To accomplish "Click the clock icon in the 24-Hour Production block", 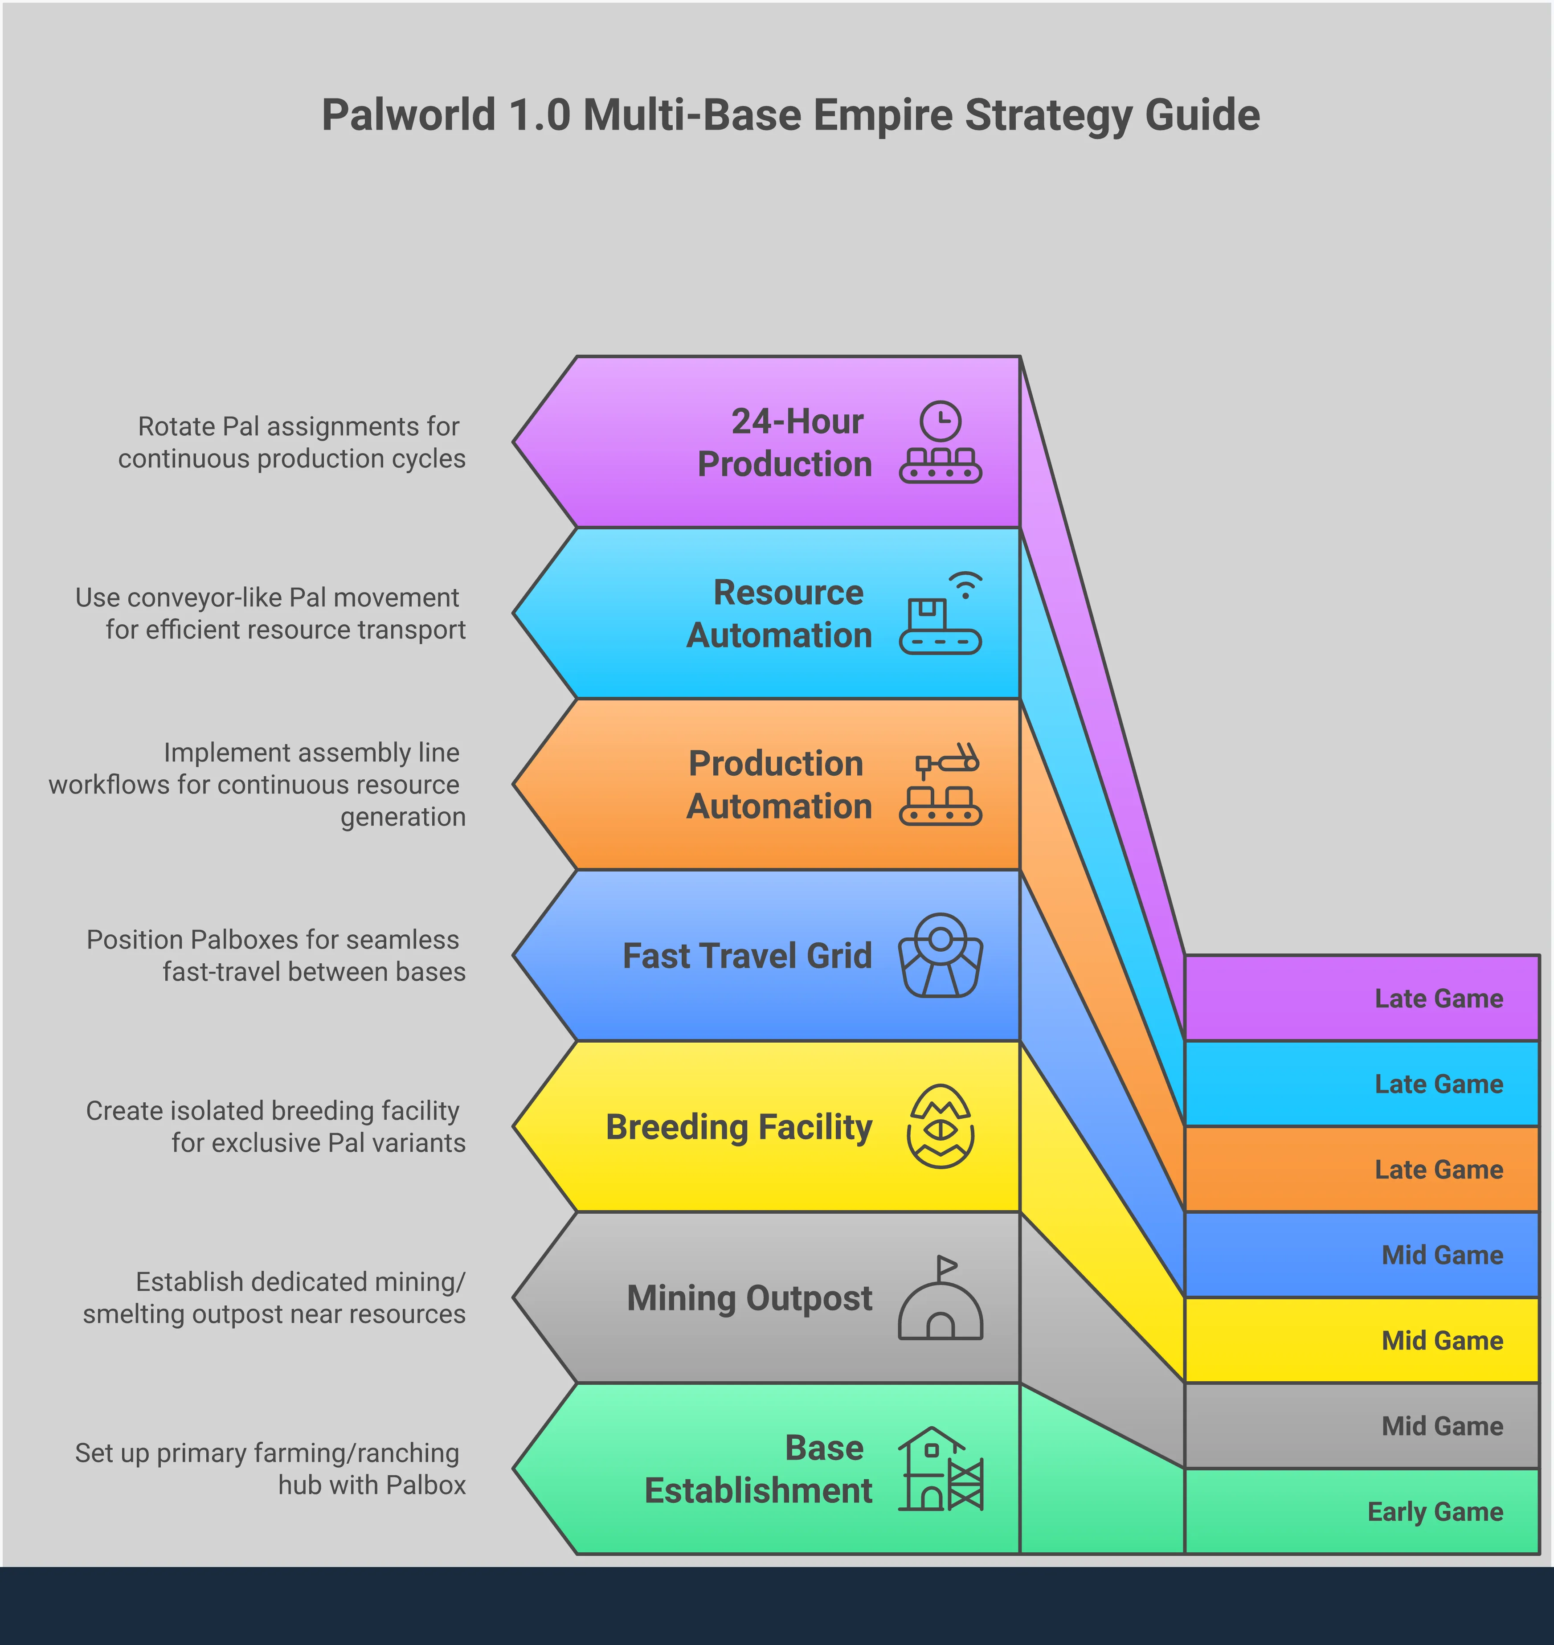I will point(940,421).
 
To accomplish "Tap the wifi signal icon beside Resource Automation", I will point(965,585).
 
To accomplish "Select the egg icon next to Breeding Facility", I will point(940,1126).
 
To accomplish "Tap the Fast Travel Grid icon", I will point(940,955).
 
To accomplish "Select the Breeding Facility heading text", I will point(738,1127).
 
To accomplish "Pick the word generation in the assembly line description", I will point(403,817).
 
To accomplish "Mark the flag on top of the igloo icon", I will point(947,1266).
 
